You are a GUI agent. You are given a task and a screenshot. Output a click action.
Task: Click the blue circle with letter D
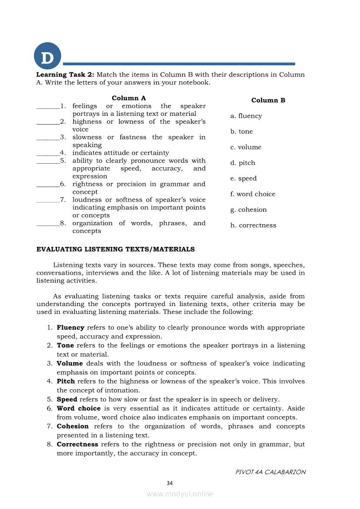[x=48, y=56]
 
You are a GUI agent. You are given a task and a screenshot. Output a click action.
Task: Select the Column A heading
[x=129, y=98]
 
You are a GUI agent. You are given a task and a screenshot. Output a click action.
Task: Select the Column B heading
[x=268, y=100]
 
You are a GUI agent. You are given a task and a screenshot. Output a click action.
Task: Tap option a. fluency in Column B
[x=246, y=116]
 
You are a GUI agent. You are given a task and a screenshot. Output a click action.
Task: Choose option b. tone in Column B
[x=241, y=131]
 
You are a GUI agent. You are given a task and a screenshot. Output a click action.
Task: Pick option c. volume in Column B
[x=246, y=147]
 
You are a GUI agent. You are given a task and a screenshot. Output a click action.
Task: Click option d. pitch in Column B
[x=243, y=163]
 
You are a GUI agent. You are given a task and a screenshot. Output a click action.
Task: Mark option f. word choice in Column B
[x=253, y=194]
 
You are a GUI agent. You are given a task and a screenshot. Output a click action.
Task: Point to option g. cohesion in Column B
[x=248, y=210]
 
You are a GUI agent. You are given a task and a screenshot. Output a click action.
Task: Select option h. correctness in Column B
[x=253, y=226]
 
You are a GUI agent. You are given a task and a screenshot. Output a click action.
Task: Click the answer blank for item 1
[x=48, y=107]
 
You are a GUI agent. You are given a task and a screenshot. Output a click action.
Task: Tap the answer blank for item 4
[x=48, y=154]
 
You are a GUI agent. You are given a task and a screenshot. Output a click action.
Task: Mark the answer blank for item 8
[x=48, y=225]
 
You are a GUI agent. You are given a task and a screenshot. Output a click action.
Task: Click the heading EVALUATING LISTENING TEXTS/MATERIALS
[x=115, y=249]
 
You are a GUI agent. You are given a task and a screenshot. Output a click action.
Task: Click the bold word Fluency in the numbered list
[x=71, y=327]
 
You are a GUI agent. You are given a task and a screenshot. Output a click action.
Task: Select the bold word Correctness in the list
[x=77, y=444]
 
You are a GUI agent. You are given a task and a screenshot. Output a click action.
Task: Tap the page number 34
[x=170, y=483]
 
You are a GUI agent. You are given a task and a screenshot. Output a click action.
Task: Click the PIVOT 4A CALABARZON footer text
[x=270, y=472]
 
